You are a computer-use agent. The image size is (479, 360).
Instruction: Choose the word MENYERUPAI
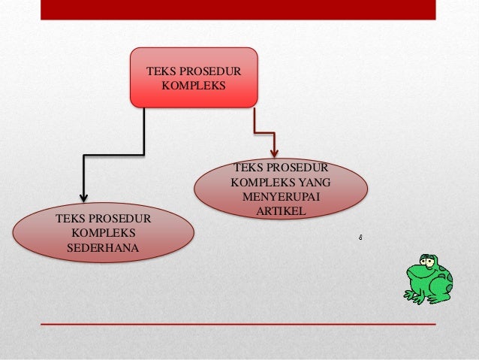(281, 196)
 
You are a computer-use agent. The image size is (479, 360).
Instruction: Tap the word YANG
(315, 182)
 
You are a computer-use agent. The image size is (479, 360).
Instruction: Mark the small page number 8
(360, 238)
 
